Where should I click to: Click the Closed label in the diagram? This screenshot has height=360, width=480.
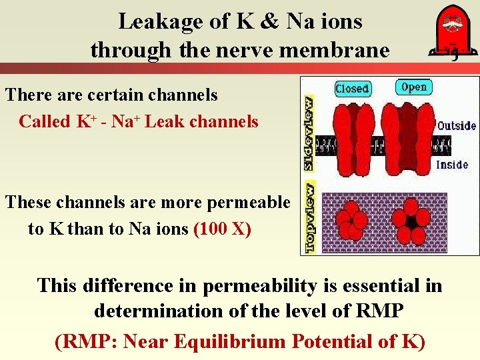(x=352, y=88)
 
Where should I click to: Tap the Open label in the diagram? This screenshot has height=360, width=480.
(x=415, y=87)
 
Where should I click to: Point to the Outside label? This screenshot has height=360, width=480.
(x=457, y=125)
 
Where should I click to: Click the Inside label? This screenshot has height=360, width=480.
(x=452, y=165)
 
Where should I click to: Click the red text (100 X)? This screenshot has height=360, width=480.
(x=222, y=229)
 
